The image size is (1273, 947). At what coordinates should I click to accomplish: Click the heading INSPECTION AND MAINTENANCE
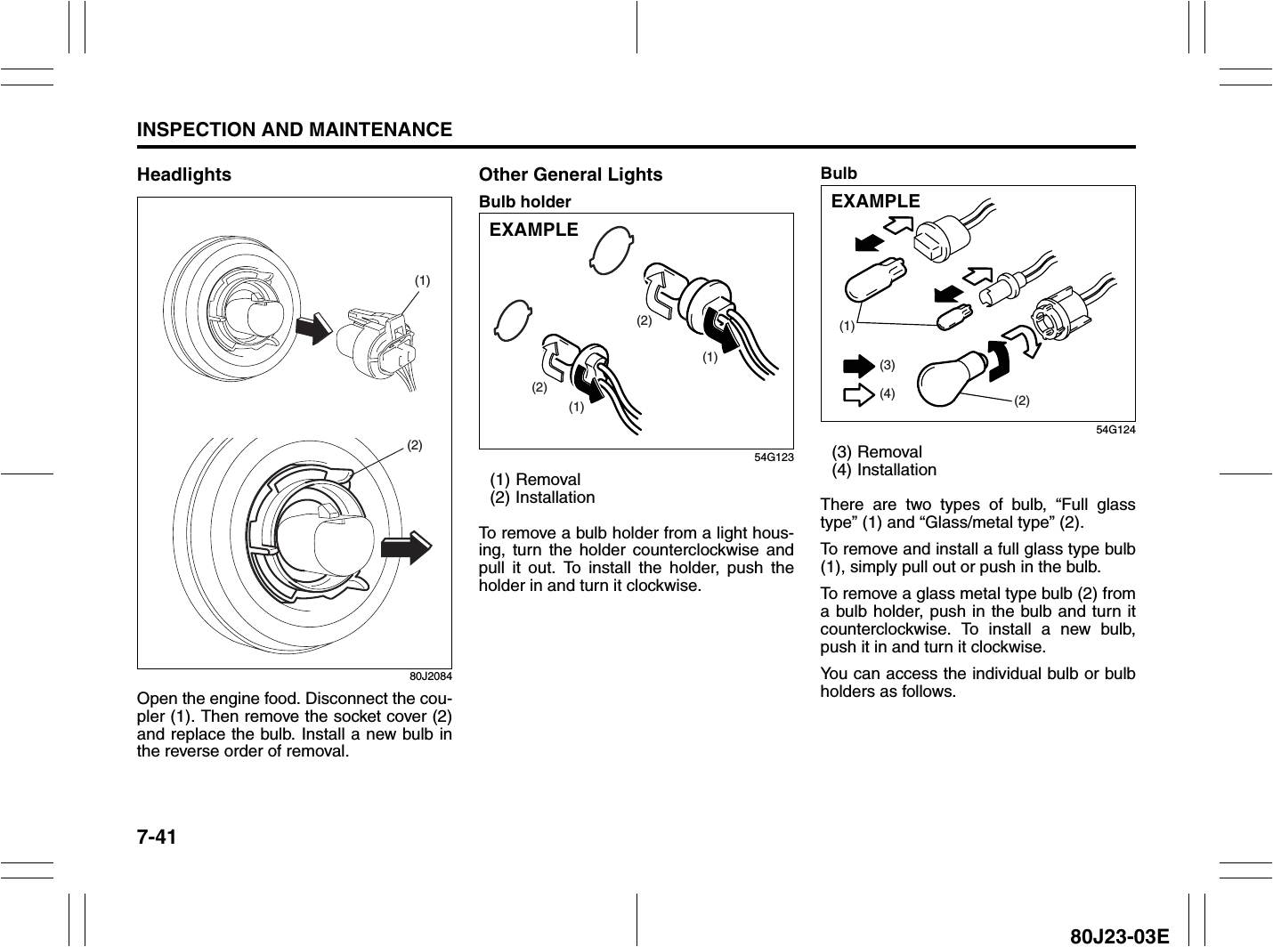point(295,130)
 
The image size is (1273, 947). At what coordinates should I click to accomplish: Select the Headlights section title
point(183,174)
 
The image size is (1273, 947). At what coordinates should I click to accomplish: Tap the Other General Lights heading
point(571,174)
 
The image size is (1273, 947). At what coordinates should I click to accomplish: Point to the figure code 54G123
point(771,457)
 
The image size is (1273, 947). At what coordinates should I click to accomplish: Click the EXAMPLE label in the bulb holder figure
point(534,230)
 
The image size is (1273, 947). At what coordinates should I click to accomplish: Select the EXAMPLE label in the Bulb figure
point(875,201)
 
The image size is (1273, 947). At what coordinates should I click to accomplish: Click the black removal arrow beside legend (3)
point(858,366)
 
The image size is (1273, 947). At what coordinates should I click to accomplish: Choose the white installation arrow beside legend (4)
point(858,393)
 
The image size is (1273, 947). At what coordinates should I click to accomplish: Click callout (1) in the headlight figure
point(422,280)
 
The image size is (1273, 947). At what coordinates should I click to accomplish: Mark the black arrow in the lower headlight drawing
point(405,546)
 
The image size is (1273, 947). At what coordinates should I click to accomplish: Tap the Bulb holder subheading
point(524,202)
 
